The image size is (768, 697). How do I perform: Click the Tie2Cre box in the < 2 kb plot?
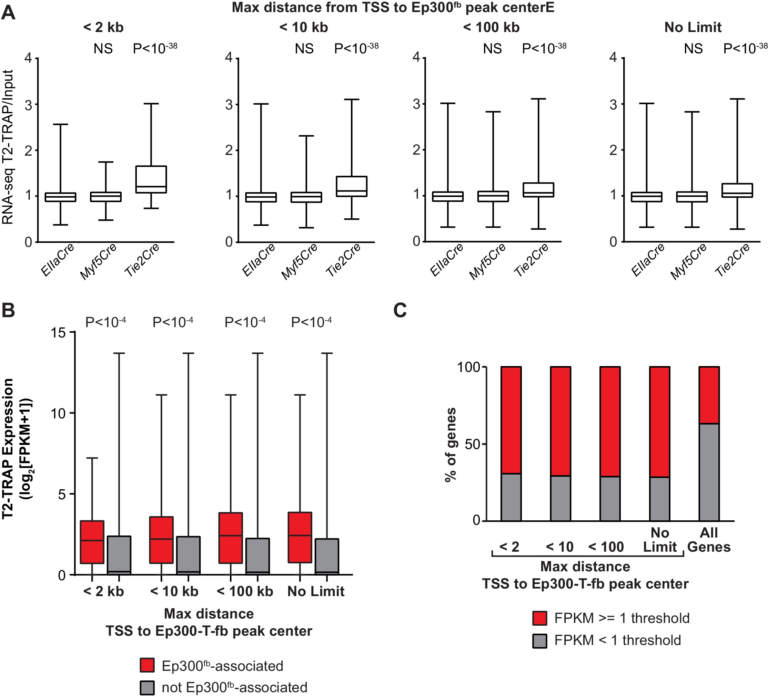(151, 179)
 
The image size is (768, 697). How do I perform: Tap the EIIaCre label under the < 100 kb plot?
(446, 260)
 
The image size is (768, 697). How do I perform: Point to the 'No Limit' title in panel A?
(693, 28)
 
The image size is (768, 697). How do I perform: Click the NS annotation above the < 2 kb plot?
(103, 49)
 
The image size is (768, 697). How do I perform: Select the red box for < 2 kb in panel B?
(92, 542)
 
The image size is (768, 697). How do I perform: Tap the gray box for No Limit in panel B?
(327, 556)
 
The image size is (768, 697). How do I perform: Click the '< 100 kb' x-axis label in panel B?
(245, 591)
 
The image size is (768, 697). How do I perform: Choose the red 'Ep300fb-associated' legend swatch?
(147, 665)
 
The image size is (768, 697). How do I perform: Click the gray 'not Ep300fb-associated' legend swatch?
(147, 687)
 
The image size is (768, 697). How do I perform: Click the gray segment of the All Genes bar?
(709, 472)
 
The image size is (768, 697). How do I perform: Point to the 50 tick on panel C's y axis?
(472, 444)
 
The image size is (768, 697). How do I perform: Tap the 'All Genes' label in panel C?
(709, 540)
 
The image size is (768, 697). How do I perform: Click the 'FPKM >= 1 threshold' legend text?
(622, 618)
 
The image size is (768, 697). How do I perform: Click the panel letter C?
(400, 310)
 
